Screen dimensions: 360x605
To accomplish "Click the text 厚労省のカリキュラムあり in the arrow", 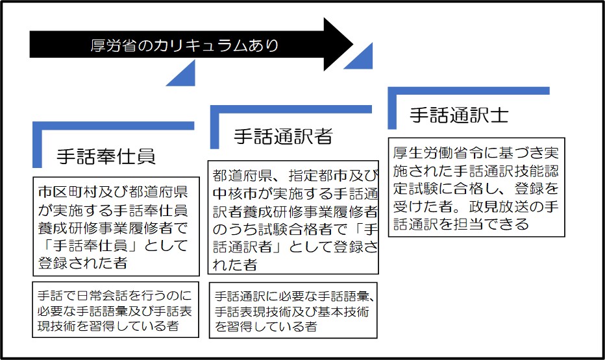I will pyautogui.click(x=185, y=45).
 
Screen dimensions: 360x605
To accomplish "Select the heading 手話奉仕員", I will pyautogui.click(x=106, y=156).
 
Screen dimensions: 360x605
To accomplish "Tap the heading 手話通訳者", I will pyautogui.click(x=283, y=136).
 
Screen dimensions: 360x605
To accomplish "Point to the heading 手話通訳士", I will pyautogui.click(x=459, y=115).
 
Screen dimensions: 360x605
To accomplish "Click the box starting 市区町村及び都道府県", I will pyautogui.click(x=116, y=226).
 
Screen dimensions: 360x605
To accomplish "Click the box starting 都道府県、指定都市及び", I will pyautogui.click(x=293, y=217).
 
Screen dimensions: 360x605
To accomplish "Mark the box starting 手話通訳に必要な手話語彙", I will pyautogui.click(x=293, y=310).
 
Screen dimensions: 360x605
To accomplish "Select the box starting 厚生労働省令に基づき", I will pyautogui.click(x=476, y=187).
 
